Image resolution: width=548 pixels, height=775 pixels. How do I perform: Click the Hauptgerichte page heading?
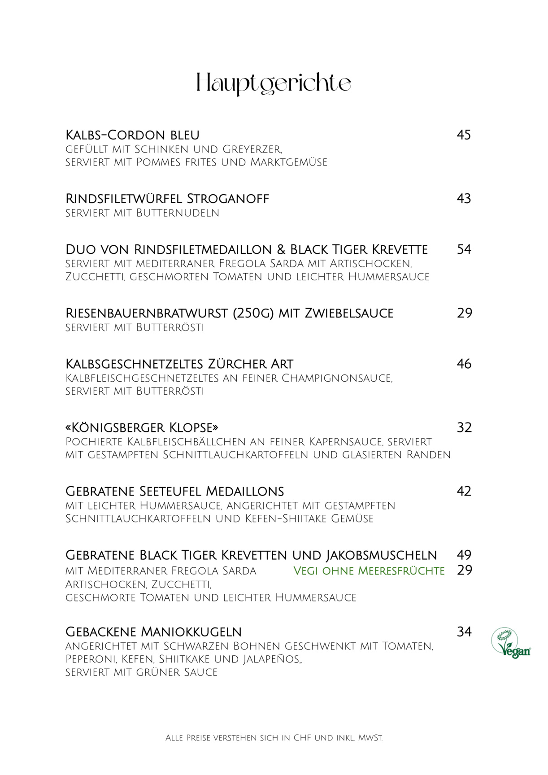[274, 84]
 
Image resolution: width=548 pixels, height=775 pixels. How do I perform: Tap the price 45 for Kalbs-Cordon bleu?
[464, 135]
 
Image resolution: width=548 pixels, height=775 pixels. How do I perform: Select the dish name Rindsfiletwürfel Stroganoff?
[167, 199]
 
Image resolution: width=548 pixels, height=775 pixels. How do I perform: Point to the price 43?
[464, 199]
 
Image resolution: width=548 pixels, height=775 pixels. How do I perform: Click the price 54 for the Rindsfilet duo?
[464, 249]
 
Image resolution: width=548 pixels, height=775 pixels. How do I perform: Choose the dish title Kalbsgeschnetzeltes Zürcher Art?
[179, 364]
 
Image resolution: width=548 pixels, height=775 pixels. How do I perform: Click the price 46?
[464, 364]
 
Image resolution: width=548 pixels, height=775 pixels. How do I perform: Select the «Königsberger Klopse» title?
[142, 427]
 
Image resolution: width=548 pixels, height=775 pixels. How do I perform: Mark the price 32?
[464, 427]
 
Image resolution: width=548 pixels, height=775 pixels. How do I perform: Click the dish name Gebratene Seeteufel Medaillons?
[175, 491]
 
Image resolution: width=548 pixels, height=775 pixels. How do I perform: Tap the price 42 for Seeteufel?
[464, 491]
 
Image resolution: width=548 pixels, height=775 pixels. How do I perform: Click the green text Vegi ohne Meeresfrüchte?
[369, 571]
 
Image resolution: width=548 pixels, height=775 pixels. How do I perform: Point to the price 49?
[464, 555]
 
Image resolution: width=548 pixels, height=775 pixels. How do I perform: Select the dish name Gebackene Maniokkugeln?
[153, 632]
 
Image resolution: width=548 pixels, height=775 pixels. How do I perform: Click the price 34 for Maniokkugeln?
[464, 632]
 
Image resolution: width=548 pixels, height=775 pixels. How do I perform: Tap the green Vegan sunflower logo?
[510, 643]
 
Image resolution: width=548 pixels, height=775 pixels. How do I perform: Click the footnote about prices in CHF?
[274, 738]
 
